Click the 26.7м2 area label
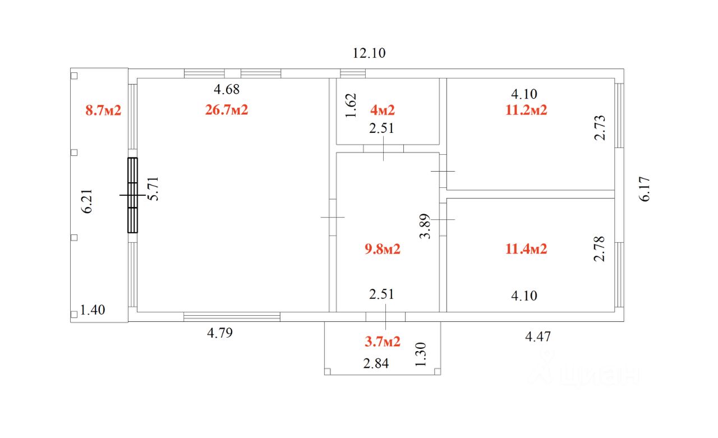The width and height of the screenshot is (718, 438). tap(227, 110)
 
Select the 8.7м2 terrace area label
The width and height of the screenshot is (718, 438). tap(103, 110)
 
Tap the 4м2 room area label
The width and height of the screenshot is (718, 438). tap(383, 110)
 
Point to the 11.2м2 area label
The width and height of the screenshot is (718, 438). tap(526, 110)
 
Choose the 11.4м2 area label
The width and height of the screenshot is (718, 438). tap(526, 249)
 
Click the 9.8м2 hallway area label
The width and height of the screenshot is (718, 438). tap(383, 249)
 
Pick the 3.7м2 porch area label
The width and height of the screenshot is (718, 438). tap(383, 342)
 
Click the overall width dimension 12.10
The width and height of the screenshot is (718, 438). tap(369, 53)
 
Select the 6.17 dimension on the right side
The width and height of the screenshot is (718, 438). tap(645, 189)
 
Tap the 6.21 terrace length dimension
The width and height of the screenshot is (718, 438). tap(87, 201)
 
